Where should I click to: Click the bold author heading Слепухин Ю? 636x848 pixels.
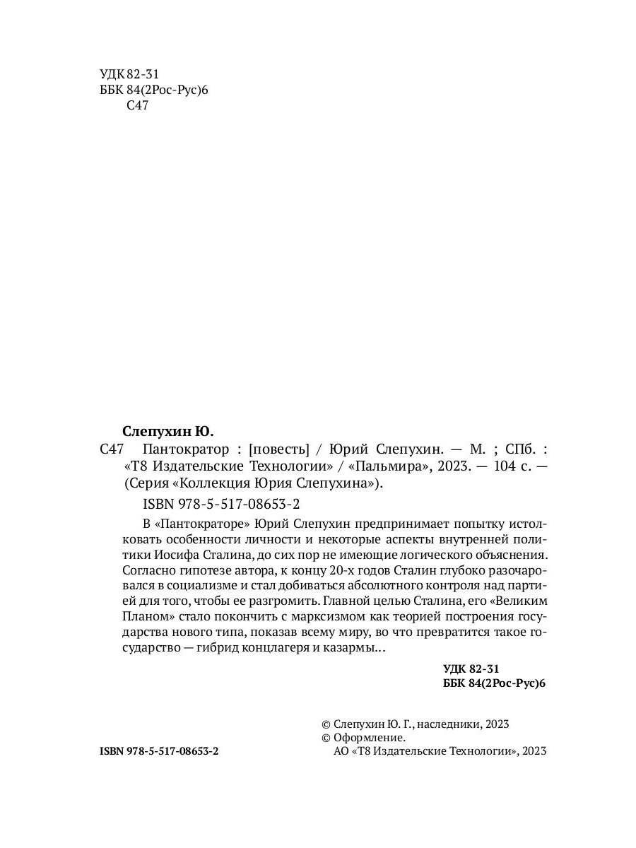click(x=167, y=430)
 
